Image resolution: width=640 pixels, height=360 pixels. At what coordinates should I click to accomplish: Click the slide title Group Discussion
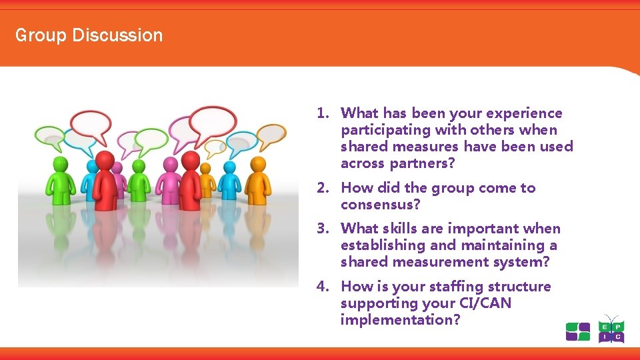[89, 35]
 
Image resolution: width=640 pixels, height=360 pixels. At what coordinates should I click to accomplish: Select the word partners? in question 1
[428, 163]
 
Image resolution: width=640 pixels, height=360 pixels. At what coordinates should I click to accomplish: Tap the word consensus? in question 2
[381, 205]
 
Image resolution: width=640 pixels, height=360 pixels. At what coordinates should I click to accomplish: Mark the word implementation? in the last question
[400, 320]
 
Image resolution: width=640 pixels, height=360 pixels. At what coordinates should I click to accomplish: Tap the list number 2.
[323, 188]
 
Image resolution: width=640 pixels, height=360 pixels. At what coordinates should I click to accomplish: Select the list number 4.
[323, 287]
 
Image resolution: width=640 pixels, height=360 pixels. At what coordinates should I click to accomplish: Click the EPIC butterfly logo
[611, 329]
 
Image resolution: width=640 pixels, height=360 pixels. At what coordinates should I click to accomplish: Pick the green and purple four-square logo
[577, 331]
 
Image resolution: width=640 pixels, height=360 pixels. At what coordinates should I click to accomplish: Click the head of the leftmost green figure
[59, 162]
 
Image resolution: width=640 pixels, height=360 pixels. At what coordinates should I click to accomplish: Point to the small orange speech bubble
[215, 148]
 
